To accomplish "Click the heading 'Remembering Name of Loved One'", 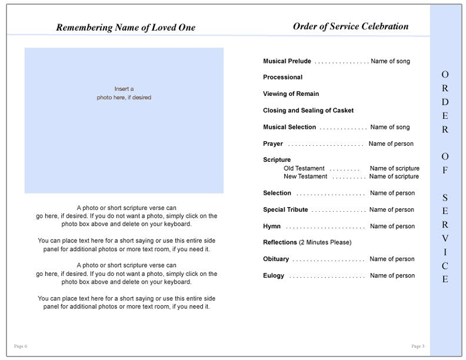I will pos(125,28).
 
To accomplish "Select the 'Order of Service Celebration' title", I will pos(350,26).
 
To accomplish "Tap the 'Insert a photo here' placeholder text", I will pos(124,93).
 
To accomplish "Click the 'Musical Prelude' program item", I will pos(287,61).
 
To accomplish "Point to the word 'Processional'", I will pos(282,78).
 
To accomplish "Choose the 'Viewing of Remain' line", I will pos(291,94).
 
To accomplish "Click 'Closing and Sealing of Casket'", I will pos(308,111).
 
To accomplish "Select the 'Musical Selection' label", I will pos(289,127).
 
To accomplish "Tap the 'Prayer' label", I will pos(273,144).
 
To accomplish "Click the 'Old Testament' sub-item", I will pos(304,168).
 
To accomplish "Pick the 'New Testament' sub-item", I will pos(305,176).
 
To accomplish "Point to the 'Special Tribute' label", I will pos(285,209).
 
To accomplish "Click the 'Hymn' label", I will pos(272,226).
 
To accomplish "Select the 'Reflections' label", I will pos(280,242).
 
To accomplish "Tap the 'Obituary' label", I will pos(276,259).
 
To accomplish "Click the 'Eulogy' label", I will pos(274,275).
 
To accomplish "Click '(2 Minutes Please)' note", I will pos(325,242).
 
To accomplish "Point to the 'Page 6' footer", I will pos(21,346).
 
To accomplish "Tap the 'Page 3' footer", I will pos(418,346).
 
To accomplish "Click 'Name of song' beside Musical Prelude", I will pos(391,61).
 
